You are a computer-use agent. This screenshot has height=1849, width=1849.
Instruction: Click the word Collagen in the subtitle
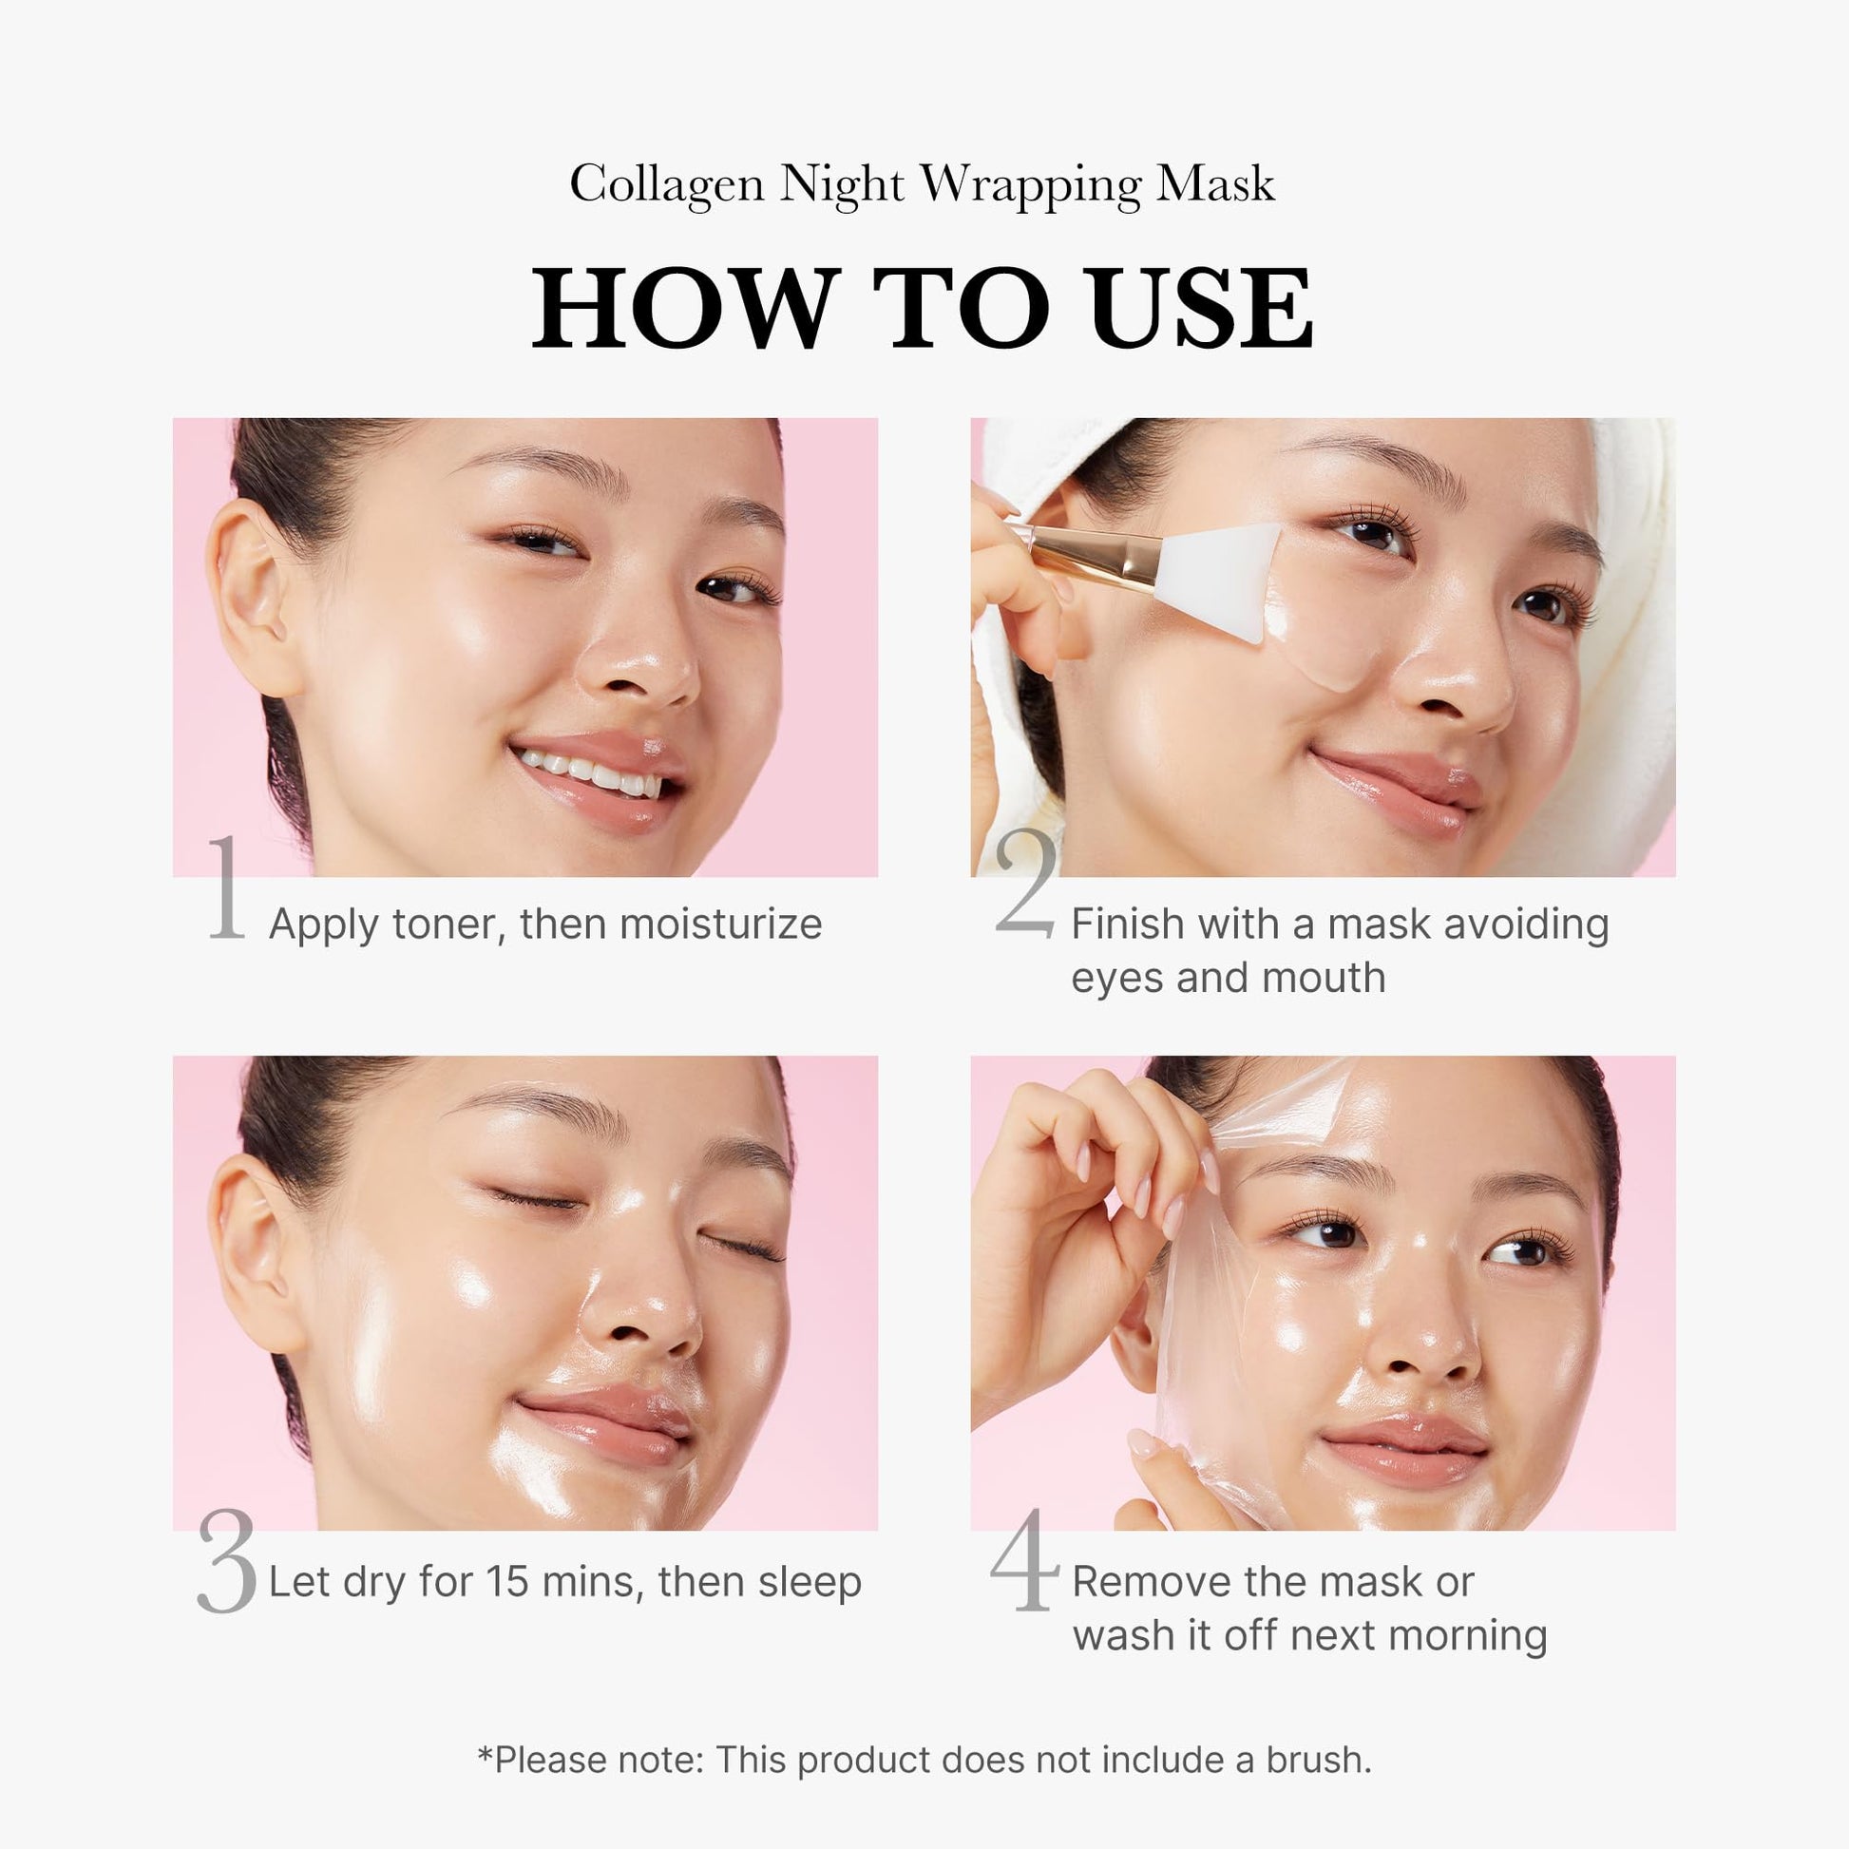point(666,183)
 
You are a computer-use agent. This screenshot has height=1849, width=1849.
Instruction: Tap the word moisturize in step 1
point(719,924)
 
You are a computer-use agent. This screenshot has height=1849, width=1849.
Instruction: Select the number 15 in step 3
point(506,1581)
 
